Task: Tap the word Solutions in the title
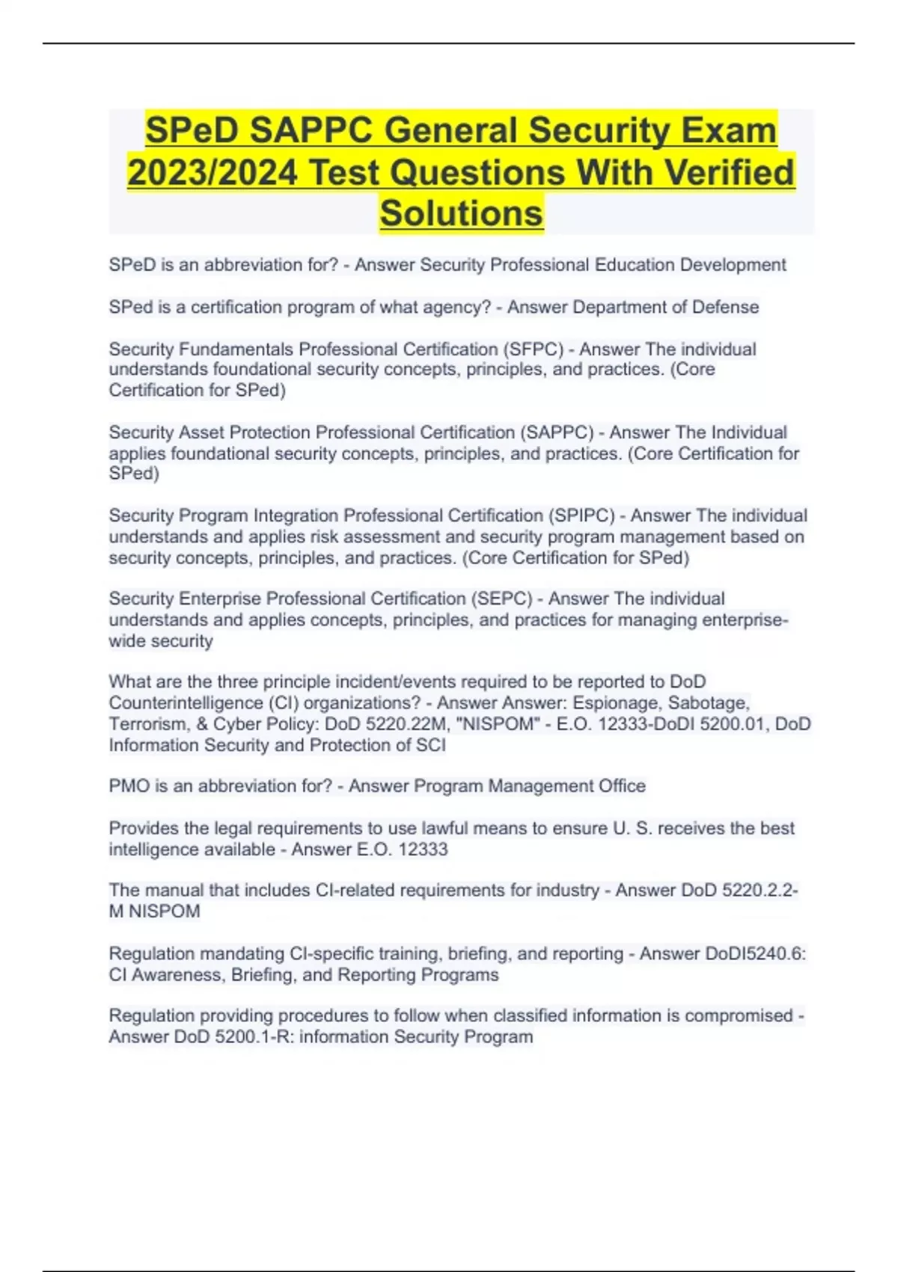[461, 213]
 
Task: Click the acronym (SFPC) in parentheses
[534, 349]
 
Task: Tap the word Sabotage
[708, 703]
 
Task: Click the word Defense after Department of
[725, 307]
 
